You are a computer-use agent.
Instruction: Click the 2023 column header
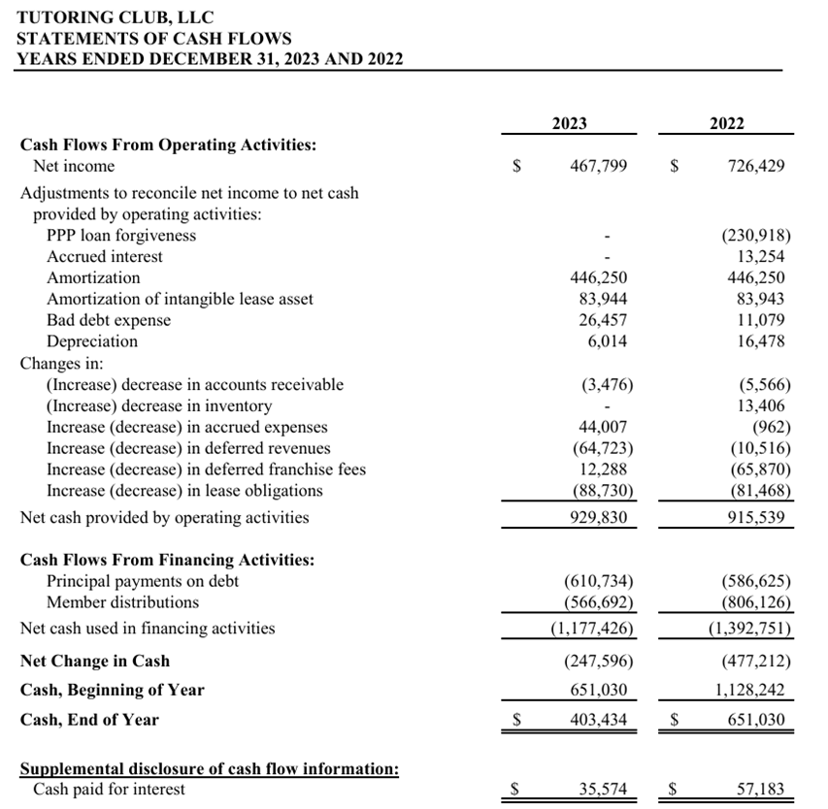pos(569,123)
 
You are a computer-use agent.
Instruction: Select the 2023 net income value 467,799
pos(597,167)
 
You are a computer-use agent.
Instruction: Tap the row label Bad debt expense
pos(108,320)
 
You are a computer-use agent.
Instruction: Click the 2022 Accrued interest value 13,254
pos(762,257)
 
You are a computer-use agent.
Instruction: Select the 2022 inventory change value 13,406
pos(762,405)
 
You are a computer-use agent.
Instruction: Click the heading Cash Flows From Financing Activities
pos(167,560)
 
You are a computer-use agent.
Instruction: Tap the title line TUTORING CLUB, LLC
pos(116,17)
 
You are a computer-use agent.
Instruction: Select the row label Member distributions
pos(122,602)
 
